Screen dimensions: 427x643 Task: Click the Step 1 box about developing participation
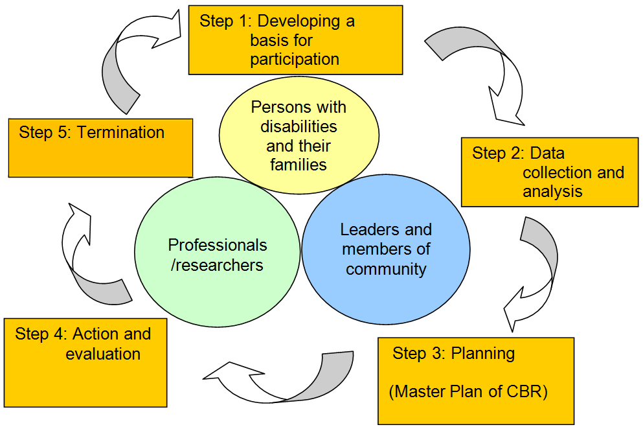295,40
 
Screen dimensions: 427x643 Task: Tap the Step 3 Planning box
476,380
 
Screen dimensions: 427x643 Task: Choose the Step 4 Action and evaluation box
85,362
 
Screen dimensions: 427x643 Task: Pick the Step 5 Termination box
100,147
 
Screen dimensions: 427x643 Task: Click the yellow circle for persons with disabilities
299,135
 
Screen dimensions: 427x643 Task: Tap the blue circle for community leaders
386,249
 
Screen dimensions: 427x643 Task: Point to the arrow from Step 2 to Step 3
534,273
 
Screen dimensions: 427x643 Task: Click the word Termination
120,133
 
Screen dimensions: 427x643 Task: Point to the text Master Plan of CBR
468,393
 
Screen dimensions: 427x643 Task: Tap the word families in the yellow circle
299,165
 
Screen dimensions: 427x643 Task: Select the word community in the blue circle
386,269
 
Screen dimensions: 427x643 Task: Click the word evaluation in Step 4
103,354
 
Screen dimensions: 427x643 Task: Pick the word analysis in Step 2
552,192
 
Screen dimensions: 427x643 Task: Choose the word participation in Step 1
295,60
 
